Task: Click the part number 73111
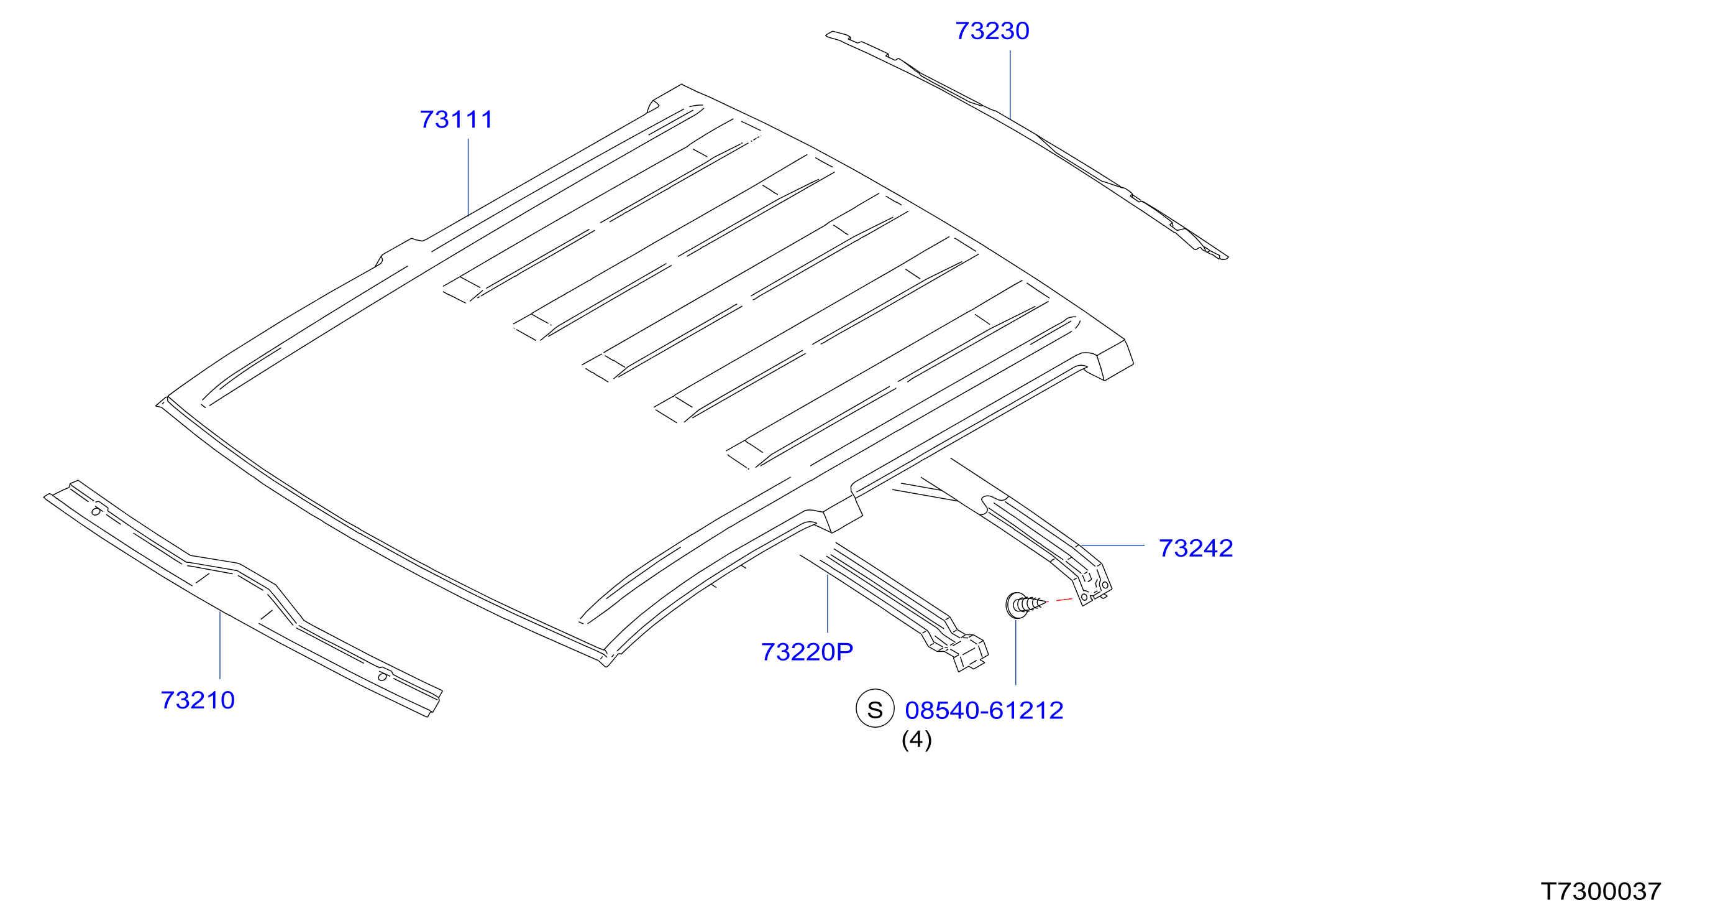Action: click(456, 119)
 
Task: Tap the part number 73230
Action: click(992, 31)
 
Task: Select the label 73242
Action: click(1196, 549)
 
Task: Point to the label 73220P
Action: click(807, 652)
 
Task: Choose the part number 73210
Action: click(198, 700)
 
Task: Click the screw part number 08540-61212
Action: click(984, 710)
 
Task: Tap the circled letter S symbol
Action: click(875, 708)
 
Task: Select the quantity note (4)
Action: click(917, 740)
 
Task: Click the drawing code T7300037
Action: click(1601, 891)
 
